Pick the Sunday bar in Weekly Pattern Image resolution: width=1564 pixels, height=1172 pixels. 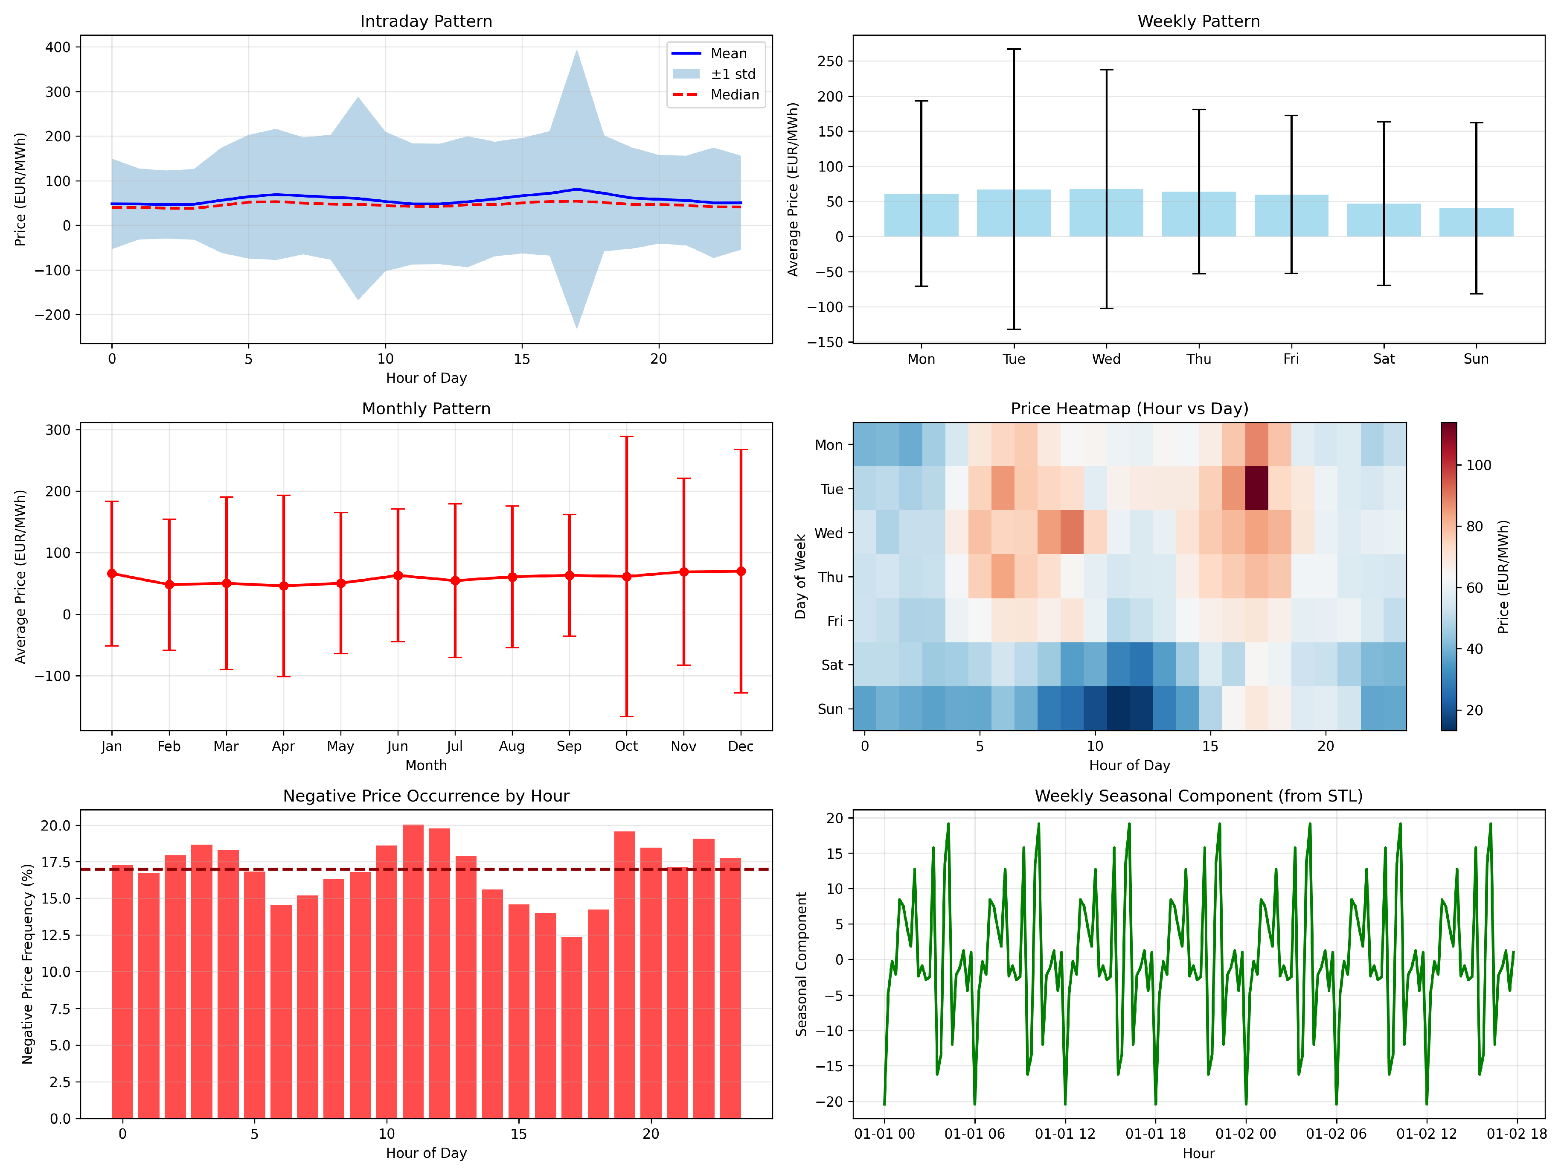point(1476,222)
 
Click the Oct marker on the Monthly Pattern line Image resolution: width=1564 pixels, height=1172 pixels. point(626,577)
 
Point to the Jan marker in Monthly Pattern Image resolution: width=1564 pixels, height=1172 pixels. point(112,574)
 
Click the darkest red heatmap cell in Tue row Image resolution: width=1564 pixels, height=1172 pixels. point(1256,488)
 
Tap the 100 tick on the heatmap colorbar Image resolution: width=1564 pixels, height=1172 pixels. point(1478,465)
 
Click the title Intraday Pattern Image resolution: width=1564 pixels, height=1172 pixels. point(426,21)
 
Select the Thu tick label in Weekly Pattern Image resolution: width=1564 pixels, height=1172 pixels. point(1198,359)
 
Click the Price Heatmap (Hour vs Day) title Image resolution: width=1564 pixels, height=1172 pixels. point(1129,409)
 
